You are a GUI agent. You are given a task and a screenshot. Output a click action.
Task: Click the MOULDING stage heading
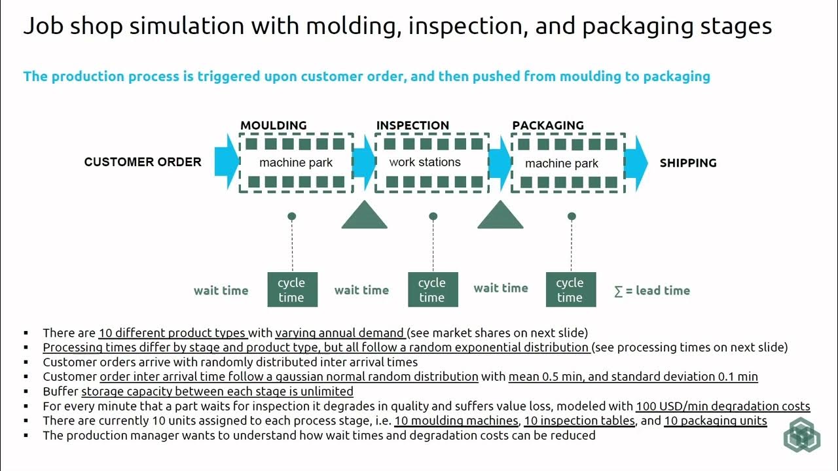pos(274,125)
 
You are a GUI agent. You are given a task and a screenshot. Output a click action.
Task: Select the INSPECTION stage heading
pos(412,125)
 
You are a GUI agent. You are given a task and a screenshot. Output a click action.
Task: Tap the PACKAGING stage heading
pos(548,125)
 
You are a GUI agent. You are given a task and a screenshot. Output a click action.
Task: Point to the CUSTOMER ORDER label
pos(143,162)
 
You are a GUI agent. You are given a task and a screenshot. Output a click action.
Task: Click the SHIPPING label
pos(688,163)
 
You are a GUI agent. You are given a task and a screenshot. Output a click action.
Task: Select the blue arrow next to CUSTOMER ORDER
pos(227,162)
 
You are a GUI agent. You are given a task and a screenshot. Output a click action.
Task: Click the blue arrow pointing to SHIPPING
pos(636,164)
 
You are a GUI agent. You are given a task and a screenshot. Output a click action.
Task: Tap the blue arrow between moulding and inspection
pos(365,162)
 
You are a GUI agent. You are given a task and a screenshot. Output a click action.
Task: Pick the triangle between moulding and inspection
pos(365,215)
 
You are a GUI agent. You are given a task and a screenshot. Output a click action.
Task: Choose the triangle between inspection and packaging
pos(500,215)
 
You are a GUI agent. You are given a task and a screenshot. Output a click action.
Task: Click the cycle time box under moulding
pos(293,290)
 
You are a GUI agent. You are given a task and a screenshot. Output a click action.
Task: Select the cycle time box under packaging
pos(571,290)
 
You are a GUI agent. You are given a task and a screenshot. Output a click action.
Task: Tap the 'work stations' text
pos(425,162)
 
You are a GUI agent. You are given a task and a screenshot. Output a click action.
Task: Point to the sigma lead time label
pos(652,290)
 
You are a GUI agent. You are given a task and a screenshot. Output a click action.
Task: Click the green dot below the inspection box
pos(433,216)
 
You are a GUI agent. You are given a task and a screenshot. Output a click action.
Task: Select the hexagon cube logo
pos(802,434)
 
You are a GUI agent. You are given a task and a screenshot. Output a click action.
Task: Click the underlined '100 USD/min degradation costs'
pos(723,406)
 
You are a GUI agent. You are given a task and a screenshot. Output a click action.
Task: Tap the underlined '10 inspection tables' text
pos(579,421)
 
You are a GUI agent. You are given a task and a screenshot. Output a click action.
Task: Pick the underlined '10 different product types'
pos(172,333)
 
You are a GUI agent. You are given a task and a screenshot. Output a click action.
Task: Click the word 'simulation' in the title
pos(187,26)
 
